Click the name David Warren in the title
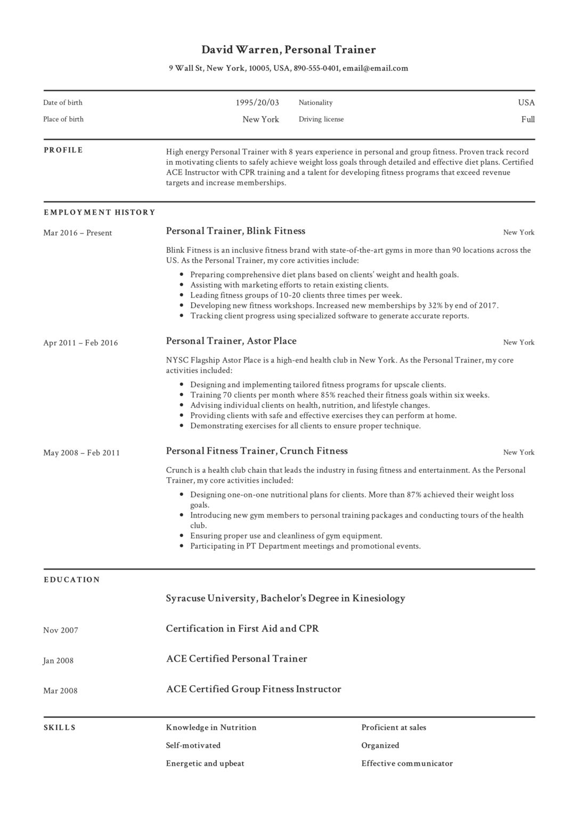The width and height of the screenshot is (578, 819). (x=240, y=50)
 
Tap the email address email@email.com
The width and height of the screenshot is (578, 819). (x=375, y=68)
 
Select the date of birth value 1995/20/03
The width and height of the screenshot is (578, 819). (x=257, y=102)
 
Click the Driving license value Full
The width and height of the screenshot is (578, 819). (x=528, y=119)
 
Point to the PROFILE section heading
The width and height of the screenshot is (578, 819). (x=63, y=150)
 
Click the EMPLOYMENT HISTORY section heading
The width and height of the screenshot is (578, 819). (x=99, y=212)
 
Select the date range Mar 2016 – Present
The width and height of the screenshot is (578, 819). (x=77, y=233)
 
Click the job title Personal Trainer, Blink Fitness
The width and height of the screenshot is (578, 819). (x=235, y=231)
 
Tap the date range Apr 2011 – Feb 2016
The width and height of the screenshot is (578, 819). (x=80, y=343)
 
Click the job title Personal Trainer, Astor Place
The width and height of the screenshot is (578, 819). (x=231, y=341)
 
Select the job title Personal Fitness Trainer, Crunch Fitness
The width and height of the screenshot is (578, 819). (x=256, y=451)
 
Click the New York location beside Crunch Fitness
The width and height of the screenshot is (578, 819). (x=518, y=452)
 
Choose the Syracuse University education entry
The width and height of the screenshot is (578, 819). (x=285, y=598)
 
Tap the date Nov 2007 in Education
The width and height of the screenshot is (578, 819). (x=61, y=630)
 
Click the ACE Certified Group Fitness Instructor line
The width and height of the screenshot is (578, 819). (x=253, y=689)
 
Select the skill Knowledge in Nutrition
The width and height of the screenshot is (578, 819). (x=211, y=727)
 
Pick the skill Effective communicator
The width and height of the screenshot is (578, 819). (x=406, y=764)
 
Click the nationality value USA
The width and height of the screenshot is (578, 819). (x=526, y=102)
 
